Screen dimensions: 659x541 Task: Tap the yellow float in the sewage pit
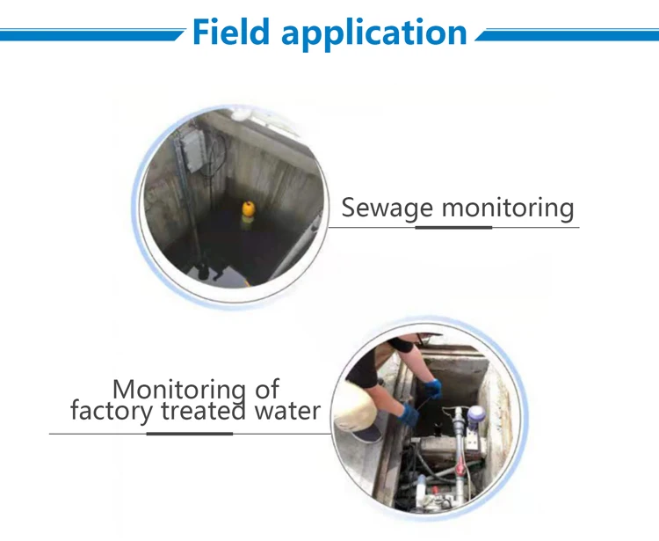(249, 210)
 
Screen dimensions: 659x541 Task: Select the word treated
(196, 410)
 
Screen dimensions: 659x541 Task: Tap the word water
(280, 410)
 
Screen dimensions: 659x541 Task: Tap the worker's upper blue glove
(432, 387)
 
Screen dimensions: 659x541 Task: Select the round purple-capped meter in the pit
(476, 413)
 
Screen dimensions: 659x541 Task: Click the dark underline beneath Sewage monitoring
(453, 227)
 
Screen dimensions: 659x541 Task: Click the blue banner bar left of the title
(88, 35)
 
